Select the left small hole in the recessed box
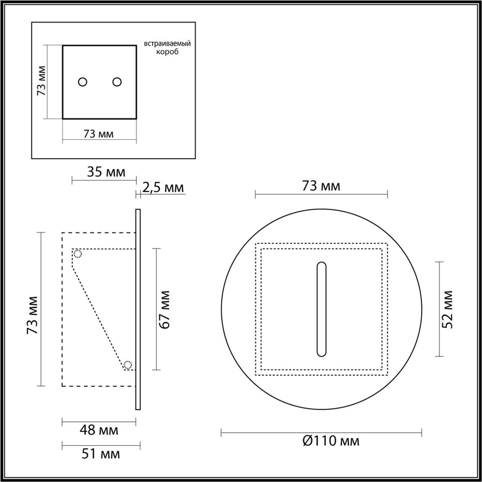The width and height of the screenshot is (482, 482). tap(83, 82)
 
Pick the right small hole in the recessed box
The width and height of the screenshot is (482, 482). tap(117, 82)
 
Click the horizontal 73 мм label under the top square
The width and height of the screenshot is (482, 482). tap(99, 134)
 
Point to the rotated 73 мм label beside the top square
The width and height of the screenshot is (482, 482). tap(42, 82)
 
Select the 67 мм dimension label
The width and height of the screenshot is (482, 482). tap(165, 309)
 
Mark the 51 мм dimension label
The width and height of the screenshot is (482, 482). tap(100, 454)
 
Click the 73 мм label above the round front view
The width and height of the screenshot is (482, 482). tap(321, 186)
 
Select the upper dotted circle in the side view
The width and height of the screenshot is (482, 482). tap(78, 254)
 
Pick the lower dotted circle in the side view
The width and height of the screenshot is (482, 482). tap(128, 365)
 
